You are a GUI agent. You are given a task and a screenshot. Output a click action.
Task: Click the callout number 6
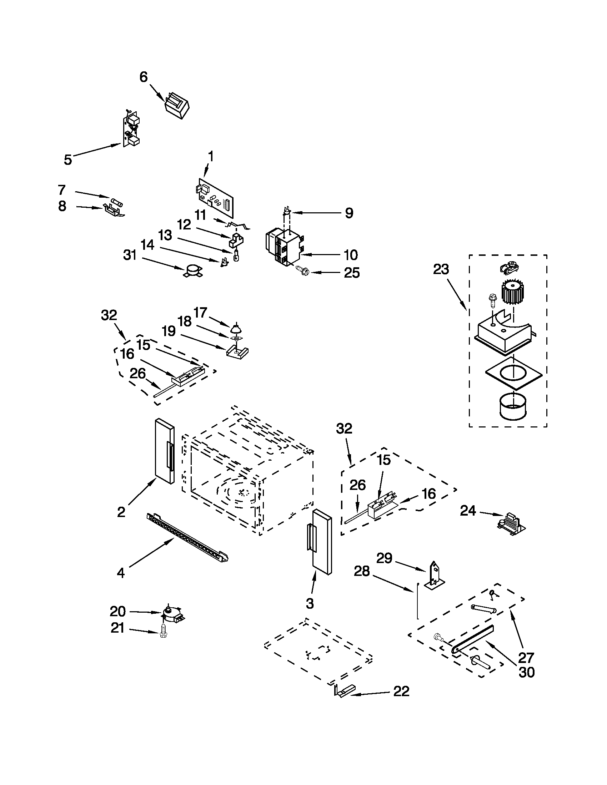pyautogui.click(x=143, y=77)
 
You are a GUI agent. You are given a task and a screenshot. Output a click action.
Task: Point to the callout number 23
pyautogui.click(x=441, y=269)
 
